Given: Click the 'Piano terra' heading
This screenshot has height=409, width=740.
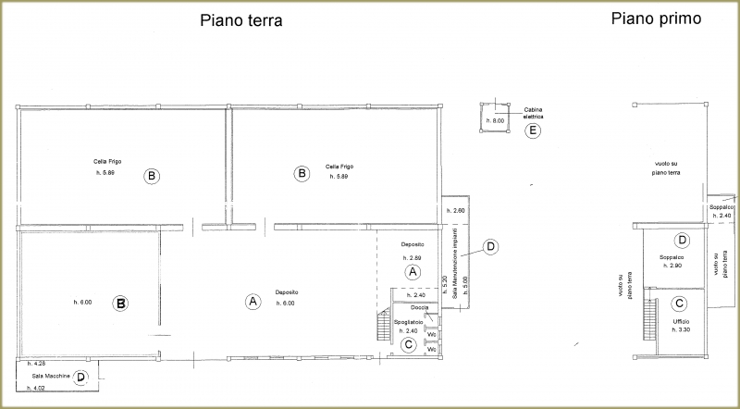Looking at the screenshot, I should point(240,20).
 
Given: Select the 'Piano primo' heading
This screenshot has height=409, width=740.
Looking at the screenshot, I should point(656,19).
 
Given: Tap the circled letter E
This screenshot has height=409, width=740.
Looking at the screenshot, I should point(532,130).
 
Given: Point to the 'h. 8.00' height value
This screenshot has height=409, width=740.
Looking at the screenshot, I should point(498,121).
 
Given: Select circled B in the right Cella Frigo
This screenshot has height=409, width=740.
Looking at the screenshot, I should point(300,172).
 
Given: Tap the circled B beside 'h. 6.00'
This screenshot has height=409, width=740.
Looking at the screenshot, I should point(119,303).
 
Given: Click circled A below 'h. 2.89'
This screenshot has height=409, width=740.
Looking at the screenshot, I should point(413,271).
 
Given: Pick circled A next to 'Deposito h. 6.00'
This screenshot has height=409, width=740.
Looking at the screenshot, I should point(251,301).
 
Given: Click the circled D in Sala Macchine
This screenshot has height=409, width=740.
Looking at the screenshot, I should point(81,378).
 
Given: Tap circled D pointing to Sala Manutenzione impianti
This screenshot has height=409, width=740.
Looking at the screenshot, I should point(491,246).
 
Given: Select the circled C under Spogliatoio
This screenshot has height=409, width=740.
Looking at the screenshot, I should point(409,344).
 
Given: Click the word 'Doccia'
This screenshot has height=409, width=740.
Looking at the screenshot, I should point(419,307).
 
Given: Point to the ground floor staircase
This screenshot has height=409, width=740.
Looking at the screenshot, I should point(382,326).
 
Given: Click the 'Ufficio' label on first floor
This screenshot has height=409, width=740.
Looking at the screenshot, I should point(669,321).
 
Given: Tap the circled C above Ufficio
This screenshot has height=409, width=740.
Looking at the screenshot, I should point(679,303).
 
